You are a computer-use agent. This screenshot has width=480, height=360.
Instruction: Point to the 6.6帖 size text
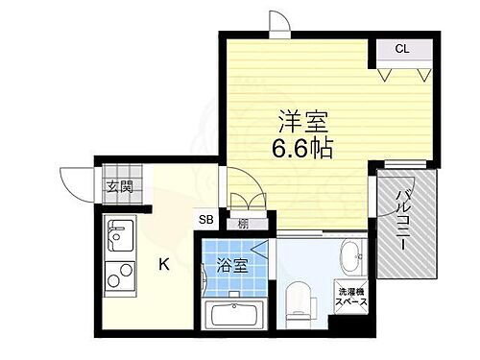tap(304, 151)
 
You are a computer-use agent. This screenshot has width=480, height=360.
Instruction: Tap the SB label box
tap(207, 220)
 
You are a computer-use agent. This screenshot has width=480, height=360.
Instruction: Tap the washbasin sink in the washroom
tap(350, 255)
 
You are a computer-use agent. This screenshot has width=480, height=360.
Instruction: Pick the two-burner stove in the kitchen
tap(122, 279)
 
